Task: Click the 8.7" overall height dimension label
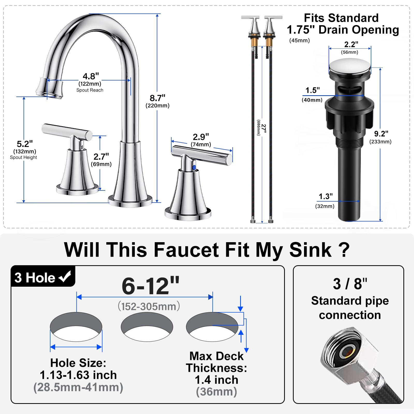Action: coord(158,98)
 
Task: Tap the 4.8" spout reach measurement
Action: coord(91,77)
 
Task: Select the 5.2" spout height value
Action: coord(25,144)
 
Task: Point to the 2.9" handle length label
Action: coord(201,137)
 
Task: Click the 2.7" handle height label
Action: coord(101,157)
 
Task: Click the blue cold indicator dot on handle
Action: coord(194,168)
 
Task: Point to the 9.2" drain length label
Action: coord(381,134)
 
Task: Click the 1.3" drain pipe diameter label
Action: coord(326,197)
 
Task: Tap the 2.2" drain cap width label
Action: coord(351,45)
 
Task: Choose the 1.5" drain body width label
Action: coord(313,90)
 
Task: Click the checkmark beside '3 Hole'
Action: coord(65,277)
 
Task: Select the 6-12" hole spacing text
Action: coord(151,286)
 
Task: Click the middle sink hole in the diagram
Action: coord(147,327)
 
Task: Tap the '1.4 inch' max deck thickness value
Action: coord(217,380)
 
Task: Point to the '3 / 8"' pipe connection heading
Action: coord(350,284)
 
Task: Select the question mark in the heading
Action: coord(344,249)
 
